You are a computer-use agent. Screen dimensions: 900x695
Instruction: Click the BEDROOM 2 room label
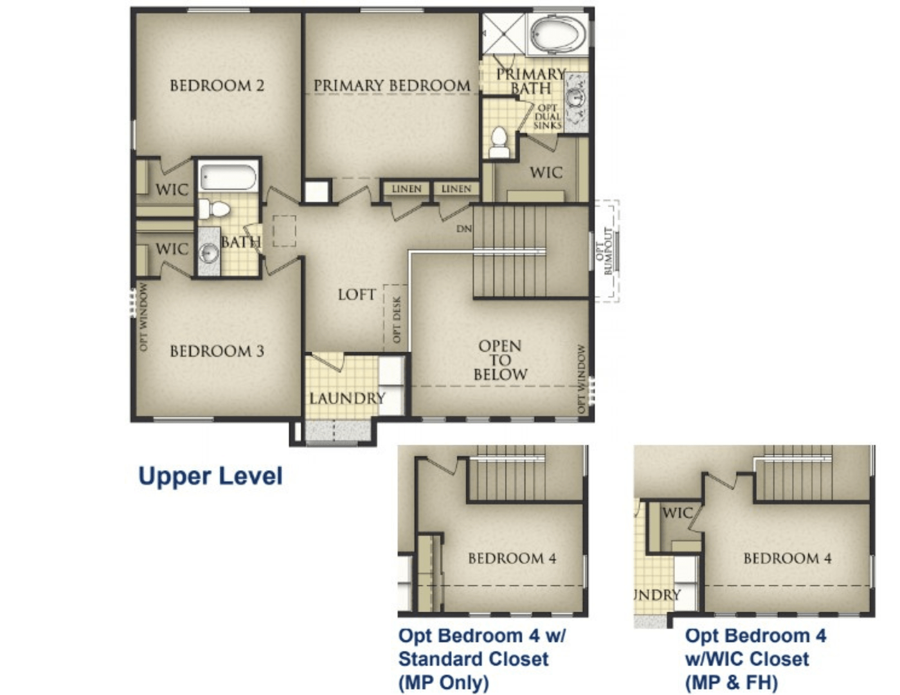217,85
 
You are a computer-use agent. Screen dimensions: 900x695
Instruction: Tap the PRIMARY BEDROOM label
392,85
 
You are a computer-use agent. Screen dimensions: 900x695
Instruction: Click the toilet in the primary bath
499,142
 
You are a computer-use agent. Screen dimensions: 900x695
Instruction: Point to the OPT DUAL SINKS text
547,117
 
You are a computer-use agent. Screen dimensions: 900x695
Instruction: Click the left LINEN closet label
407,189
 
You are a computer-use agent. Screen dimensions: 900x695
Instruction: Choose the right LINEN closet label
456,189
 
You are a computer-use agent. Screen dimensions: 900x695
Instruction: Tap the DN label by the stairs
464,228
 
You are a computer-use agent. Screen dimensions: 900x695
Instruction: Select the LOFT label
357,295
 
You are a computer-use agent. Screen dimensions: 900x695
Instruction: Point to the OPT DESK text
397,319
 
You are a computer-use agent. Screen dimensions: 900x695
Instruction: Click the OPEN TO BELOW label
500,360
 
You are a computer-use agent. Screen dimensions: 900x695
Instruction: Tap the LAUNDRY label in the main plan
347,399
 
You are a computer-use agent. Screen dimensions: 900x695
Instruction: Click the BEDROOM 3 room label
217,351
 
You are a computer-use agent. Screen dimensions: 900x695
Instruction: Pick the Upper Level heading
210,476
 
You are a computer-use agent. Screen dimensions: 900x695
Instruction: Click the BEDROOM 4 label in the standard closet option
512,558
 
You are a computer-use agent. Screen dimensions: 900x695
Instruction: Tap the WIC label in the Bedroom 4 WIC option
678,513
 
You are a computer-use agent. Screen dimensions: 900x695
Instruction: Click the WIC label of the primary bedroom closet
546,173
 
